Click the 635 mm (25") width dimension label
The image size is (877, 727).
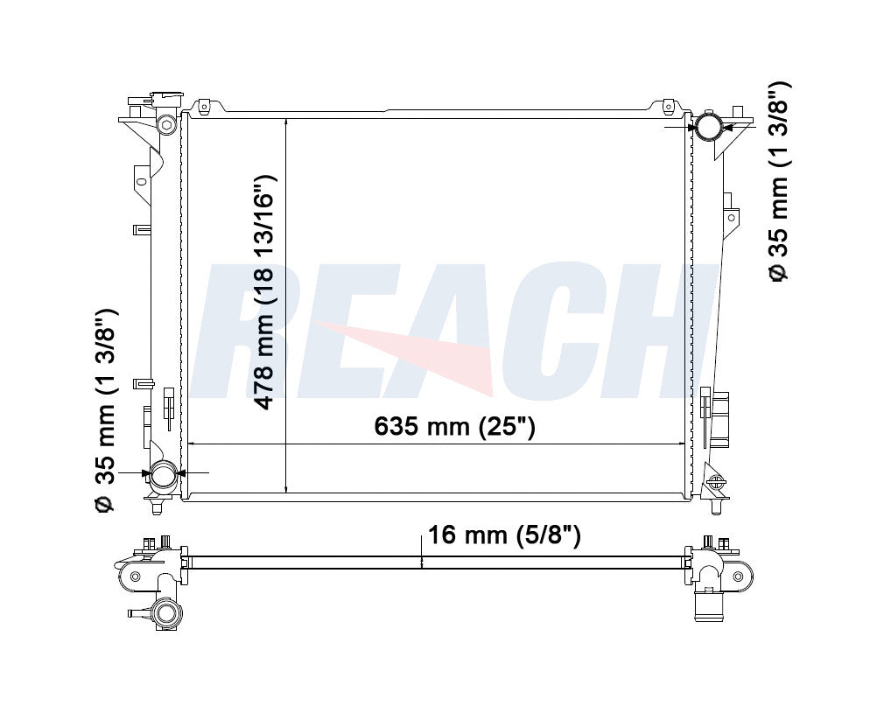point(455,427)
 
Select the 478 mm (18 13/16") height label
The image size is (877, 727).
point(264,292)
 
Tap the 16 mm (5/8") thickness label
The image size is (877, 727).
point(504,535)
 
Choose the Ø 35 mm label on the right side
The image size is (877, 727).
point(779,182)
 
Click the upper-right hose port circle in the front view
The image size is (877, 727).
point(707,127)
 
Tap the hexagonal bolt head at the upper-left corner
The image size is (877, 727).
point(165,123)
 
